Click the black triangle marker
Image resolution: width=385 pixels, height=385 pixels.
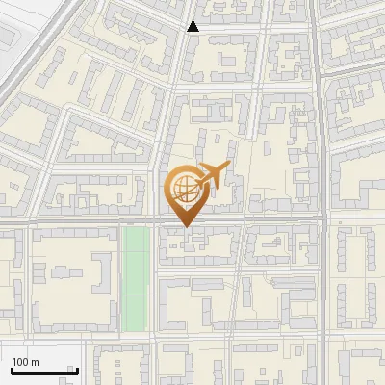193,26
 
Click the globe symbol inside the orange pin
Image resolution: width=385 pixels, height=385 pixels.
183,189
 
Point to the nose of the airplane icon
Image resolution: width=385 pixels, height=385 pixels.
227,167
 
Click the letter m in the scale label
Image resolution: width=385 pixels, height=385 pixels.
35,362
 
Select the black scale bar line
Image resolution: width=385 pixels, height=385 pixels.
43,371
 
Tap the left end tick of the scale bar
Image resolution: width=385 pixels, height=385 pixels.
11,369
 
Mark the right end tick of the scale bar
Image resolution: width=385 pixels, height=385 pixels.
77,369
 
